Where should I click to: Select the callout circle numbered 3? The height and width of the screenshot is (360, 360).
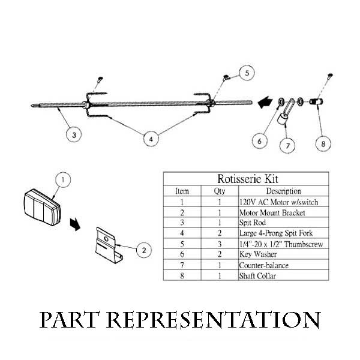[74, 135]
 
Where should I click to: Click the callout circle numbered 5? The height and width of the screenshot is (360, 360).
[248, 73]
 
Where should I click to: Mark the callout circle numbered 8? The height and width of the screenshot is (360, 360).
[322, 143]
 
